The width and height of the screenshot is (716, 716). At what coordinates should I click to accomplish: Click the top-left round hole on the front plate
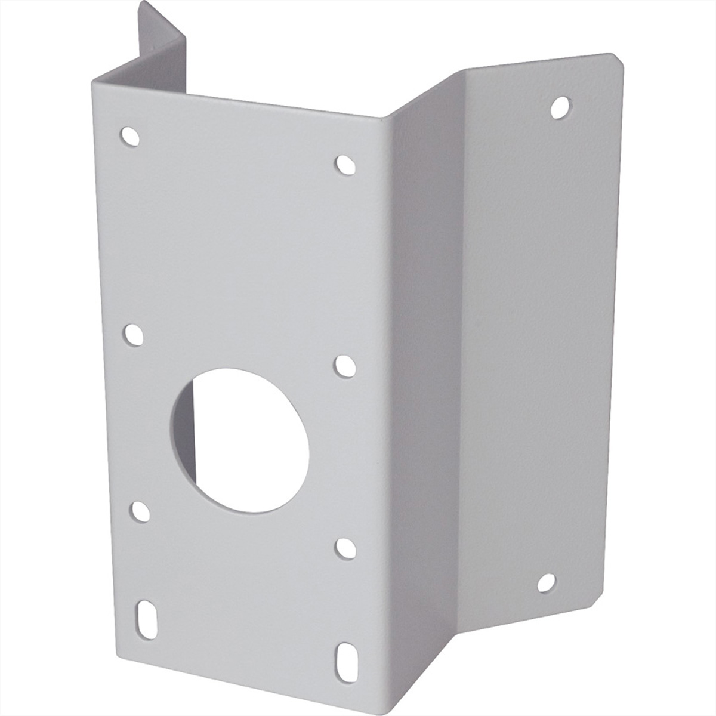click(x=129, y=137)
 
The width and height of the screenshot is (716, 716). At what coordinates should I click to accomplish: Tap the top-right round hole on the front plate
click(x=345, y=165)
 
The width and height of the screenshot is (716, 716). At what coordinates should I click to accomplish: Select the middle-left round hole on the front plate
click(x=133, y=335)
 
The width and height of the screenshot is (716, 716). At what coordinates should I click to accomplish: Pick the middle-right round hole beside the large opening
click(x=344, y=366)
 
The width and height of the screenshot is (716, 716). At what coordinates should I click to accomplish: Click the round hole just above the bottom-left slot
click(x=140, y=512)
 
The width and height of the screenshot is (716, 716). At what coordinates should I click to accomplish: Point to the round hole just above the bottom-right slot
click(x=345, y=548)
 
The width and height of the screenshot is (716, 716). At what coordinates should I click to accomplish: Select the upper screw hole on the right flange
click(x=560, y=107)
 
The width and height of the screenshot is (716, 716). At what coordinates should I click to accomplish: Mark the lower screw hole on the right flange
click(x=546, y=583)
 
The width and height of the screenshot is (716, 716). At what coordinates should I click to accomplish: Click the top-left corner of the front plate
click(x=95, y=84)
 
